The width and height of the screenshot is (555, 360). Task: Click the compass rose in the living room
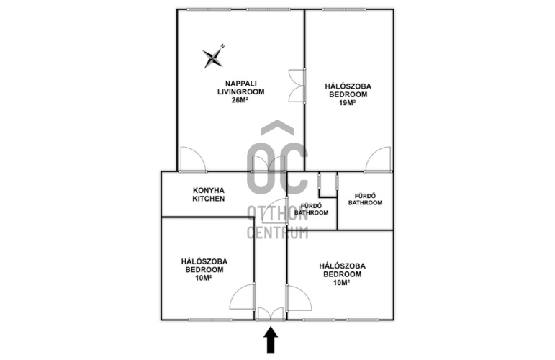click(214, 57)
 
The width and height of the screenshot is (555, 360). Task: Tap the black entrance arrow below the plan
click(271, 340)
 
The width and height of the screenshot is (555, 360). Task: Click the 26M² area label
click(240, 100)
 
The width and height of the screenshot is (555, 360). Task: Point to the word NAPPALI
click(241, 84)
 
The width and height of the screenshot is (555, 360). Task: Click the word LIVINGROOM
click(240, 91)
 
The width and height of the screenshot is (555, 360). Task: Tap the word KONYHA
click(209, 191)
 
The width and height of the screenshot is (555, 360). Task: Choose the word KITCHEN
click(209, 199)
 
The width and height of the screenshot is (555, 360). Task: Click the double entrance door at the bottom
click(271, 315)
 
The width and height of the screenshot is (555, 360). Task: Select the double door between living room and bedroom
click(297, 86)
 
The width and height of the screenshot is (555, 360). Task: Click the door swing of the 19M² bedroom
click(379, 159)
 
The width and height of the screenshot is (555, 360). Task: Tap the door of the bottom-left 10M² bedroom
click(243, 297)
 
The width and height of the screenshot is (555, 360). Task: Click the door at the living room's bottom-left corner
click(192, 159)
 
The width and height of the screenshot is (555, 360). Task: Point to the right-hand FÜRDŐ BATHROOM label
click(365, 199)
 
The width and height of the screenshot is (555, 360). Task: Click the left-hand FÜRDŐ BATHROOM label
click(312, 210)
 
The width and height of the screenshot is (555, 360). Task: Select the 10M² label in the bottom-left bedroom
click(204, 278)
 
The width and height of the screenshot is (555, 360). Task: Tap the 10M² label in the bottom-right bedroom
click(341, 282)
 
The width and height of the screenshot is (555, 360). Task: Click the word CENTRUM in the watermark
click(277, 233)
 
